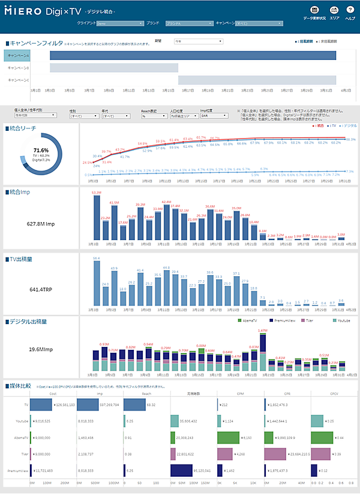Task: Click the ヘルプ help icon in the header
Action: [350, 10]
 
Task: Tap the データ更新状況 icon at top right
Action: [314, 10]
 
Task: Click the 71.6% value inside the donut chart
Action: [41, 149]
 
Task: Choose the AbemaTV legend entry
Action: [247, 321]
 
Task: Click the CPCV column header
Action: [334, 393]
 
